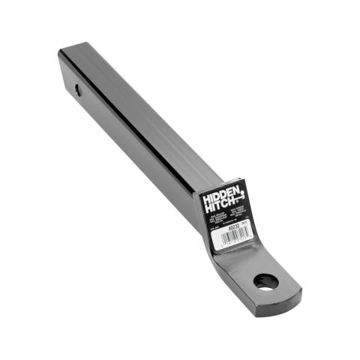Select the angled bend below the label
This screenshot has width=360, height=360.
[225, 259]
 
